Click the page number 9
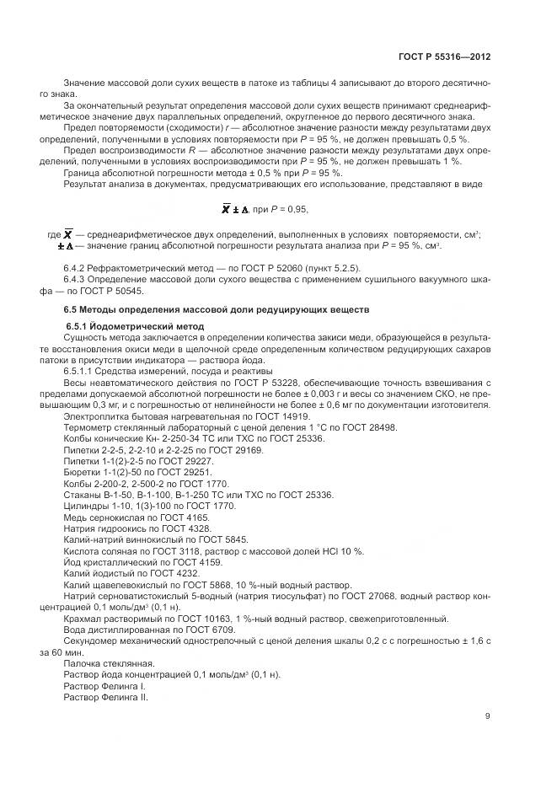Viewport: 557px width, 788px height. pyautogui.click(x=488, y=717)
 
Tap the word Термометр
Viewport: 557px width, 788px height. pyautogui.click(x=85, y=428)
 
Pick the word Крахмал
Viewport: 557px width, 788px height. pyautogui.click(x=82, y=617)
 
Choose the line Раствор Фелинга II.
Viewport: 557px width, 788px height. pyautogui.click(x=106, y=697)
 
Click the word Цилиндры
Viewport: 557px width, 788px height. pyautogui.click(x=85, y=505)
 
